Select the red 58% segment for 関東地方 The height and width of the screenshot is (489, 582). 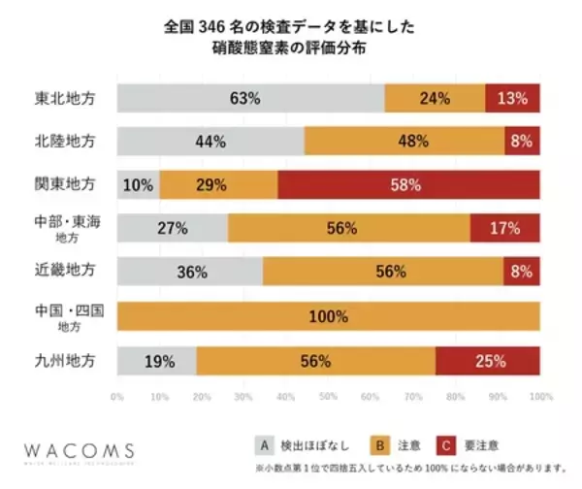tap(406, 184)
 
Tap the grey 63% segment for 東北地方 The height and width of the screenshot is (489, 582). tap(250, 98)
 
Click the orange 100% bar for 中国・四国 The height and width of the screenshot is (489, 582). tap(328, 316)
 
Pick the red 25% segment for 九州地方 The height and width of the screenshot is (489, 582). tap(488, 361)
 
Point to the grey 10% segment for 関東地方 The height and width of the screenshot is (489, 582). tap(138, 184)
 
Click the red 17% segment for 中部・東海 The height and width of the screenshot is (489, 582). tap(504, 229)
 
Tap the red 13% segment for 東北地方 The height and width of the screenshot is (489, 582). tap(512, 98)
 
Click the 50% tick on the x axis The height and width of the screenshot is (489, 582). tap(329, 397)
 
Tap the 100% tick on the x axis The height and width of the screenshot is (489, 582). tap(539, 397)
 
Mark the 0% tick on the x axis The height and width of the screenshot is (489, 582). tap(117, 397)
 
